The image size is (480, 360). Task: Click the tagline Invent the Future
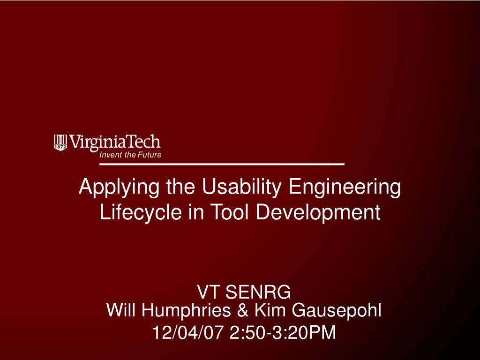pos(130,155)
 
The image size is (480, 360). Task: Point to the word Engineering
pos(345,187)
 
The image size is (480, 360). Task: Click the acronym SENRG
pos(258,292)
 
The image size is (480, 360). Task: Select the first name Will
pos(122,310)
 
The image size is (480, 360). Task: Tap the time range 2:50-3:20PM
pos(283,332)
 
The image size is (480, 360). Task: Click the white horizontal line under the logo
pos(222,165)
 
